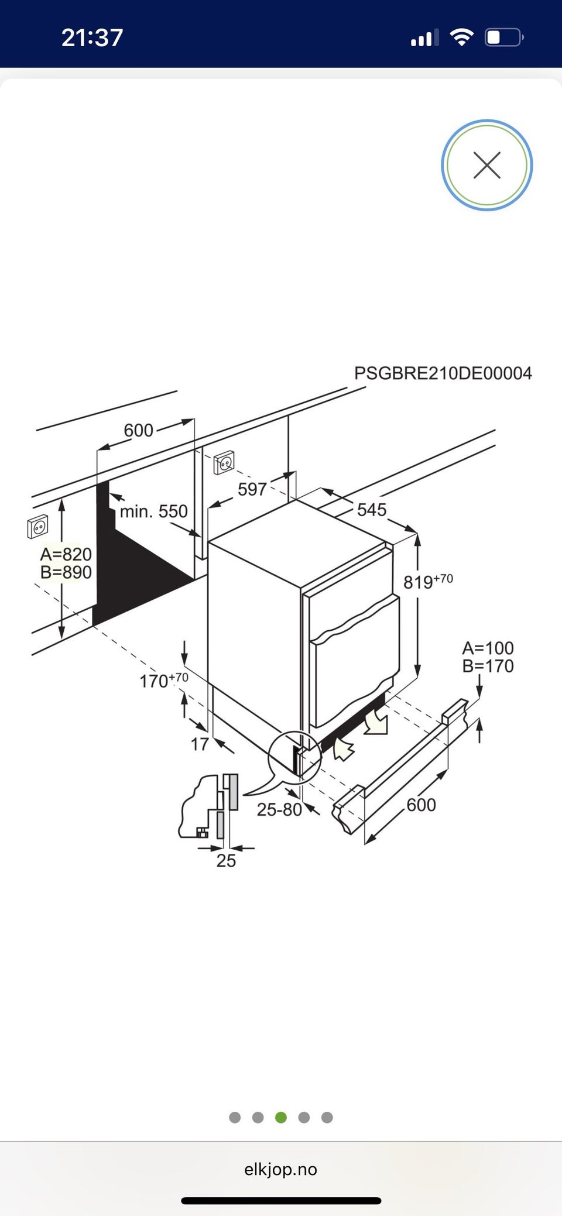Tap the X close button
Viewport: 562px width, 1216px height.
pyautogui.click(x=486, y=165)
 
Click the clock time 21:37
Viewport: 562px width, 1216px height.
pyautogui.click(x=92, y=37)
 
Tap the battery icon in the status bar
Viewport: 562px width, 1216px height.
pyautogui.click(x=504, y=38)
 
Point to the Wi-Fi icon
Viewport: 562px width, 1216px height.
pyautogui.click(x=461, y=38)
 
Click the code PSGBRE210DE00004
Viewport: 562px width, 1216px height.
pyautogui.click(x=443, y=373)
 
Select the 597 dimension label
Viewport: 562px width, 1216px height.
pyautogui.click(x=252, y=489)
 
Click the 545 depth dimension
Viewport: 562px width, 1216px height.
pyautogui.click(x=372, y=510)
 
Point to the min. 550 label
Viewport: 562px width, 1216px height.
pyautogui.click(x=154, y=511)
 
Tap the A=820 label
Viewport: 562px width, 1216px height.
pyautogui.click(x=66, y=554)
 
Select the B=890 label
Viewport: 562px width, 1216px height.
pyautogui.click(x=66, y=572)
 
